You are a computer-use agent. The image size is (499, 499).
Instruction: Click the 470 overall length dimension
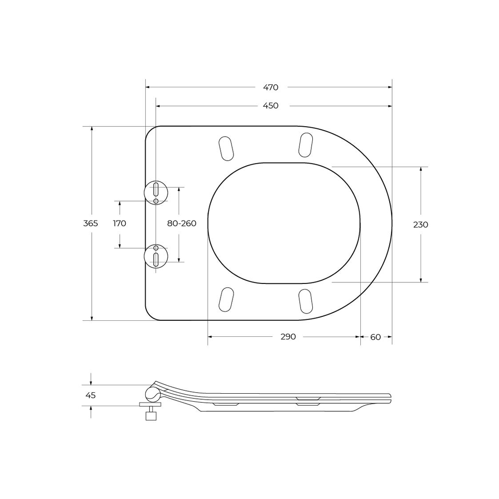point(270,87)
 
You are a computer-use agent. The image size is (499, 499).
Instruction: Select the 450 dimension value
point(270,106)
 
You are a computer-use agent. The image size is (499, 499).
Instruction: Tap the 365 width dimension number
point(90,224)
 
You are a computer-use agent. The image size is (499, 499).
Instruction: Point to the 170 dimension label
point(120,224)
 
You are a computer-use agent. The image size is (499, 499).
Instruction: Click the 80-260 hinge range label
point(182,224)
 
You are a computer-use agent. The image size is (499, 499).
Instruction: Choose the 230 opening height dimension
point(421,225)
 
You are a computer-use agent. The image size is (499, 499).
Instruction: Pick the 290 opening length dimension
point(288,337)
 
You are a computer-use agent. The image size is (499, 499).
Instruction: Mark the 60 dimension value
point(375,337)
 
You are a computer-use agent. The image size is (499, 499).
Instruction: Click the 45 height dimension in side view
point(90,395)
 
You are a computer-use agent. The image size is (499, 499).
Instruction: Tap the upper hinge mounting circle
point(156,192)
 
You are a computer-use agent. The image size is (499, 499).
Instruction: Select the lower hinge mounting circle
point(156,256)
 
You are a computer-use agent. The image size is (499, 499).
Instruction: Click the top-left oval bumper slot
point(227,148)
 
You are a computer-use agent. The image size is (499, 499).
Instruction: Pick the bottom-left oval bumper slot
point(227,299)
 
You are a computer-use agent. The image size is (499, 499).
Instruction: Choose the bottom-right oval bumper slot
point(305,301)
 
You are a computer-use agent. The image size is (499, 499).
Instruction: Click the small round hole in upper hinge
point(156,201)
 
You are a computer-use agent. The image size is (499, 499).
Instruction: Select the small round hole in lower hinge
point(156,248)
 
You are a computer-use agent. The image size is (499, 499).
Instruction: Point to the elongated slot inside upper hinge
point(156,189)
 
